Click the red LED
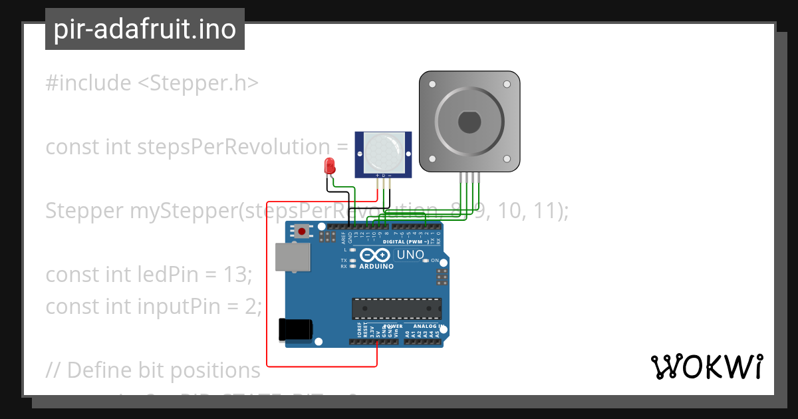click(x=329, y=166)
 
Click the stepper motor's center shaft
click(x=469, y=122)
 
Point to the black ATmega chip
click(x=396, y=309)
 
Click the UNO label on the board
click(x=410, y=255)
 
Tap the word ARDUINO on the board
click(x=376, y=267)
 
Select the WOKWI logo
click(x=706, y=366)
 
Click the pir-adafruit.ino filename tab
click(x=144, y=29)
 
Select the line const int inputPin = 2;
click(x=154, y=307)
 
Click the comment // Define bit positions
click(x=154, y=370)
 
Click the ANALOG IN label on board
click(x=426, y=327)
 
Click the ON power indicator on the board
click(x=435, y=261)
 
